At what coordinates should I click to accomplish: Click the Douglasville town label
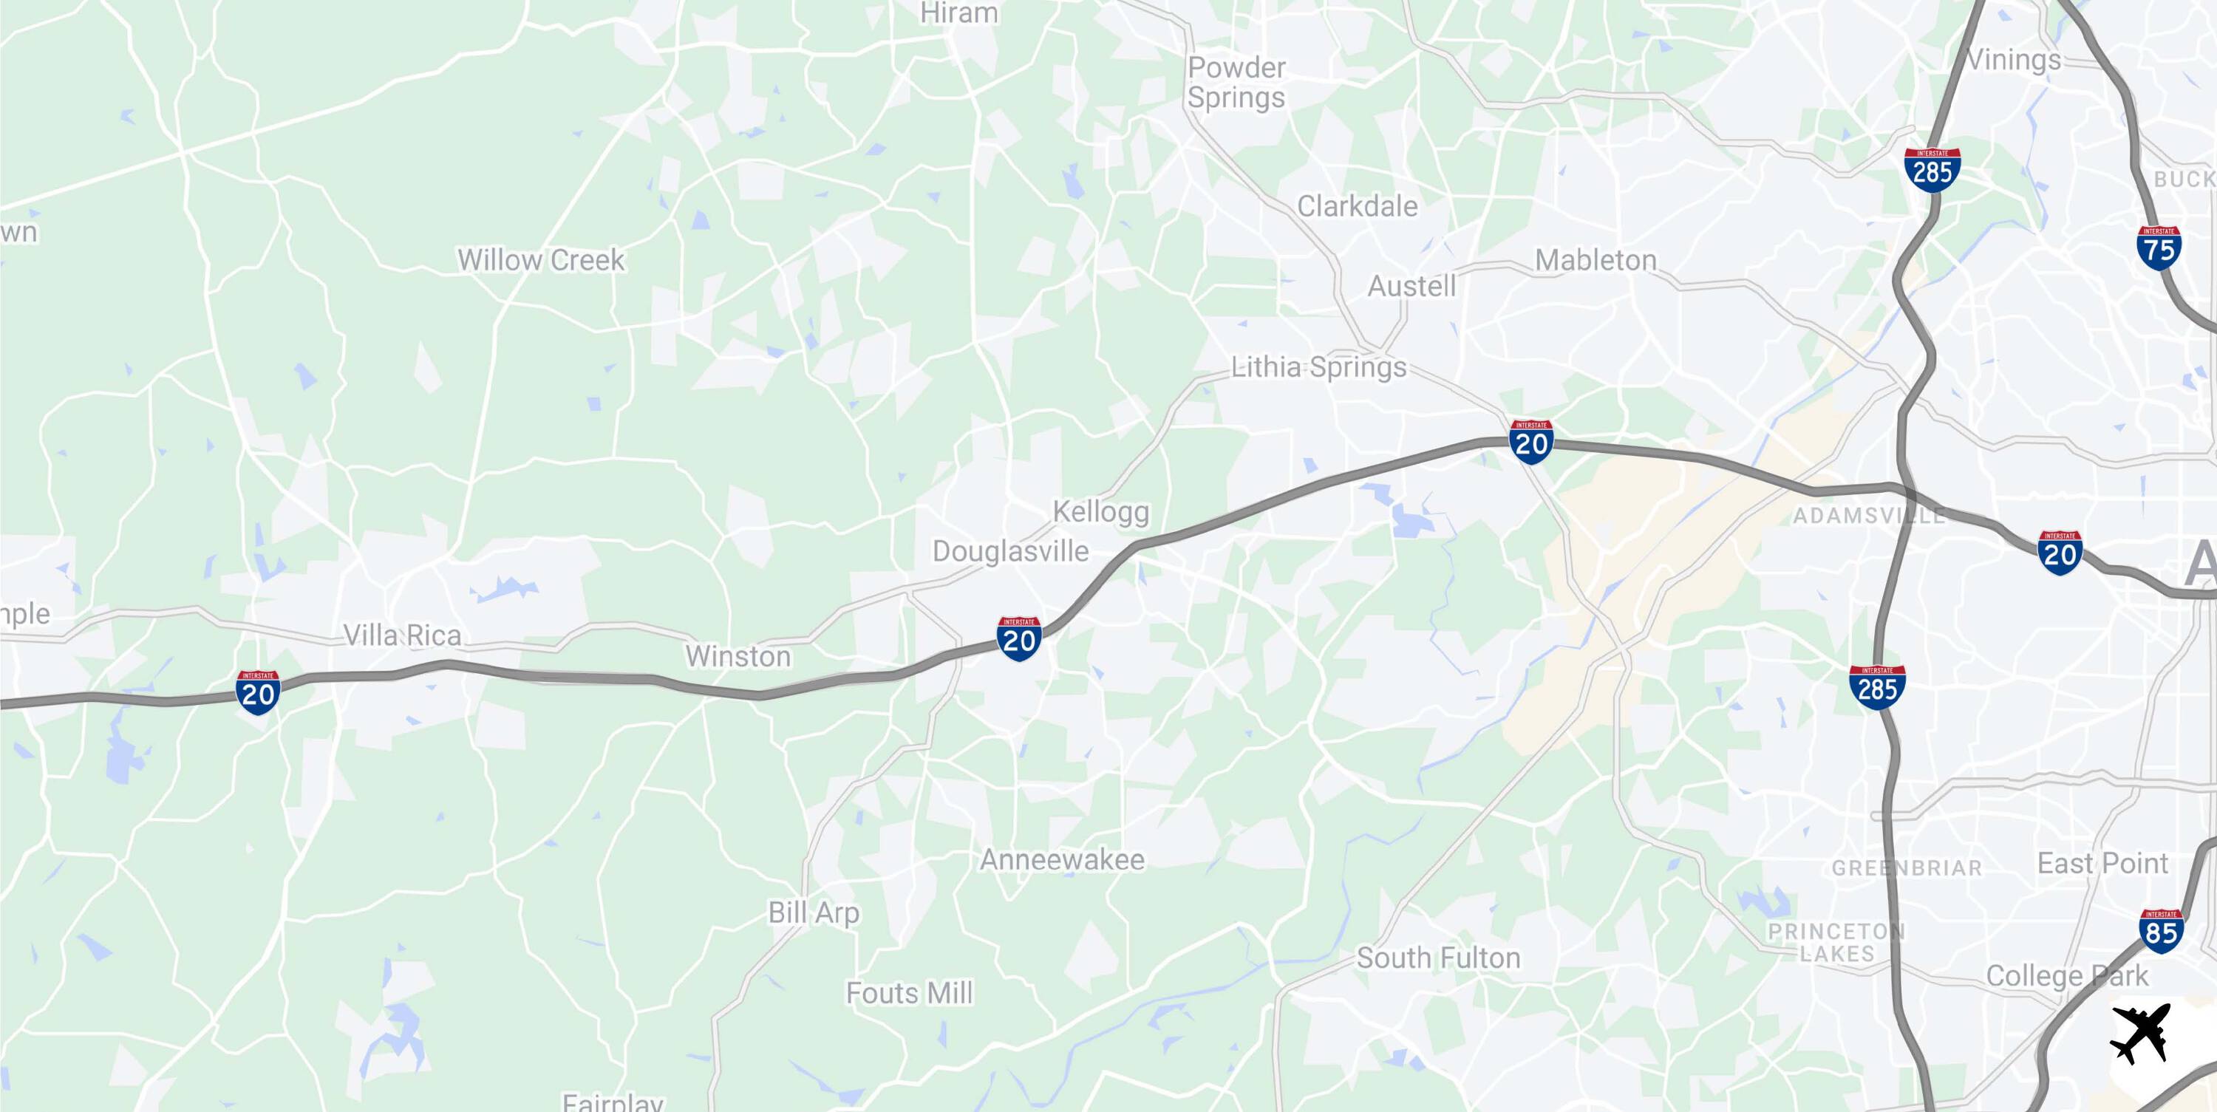pos(1010,551)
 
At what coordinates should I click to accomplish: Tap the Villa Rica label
pos(402,635)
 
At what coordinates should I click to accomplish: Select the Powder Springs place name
pos(1237,83)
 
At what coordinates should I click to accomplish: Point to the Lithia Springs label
pos(1318,367)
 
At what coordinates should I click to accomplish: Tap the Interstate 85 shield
pos(2160,930)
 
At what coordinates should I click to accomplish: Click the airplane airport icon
pos(2140,1034)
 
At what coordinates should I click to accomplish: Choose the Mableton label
pos(1596,260)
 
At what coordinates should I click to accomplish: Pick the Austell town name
pos(1411,286)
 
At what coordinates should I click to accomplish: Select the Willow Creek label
pos(540,260)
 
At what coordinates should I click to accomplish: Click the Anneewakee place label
pos(1062,859)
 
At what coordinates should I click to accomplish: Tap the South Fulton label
pos(1438,957)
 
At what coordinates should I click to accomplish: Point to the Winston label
pos(738,657)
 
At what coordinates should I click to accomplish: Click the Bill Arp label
pos(814,913)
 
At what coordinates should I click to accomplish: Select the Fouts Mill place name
pos(909,993)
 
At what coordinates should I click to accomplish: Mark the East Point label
pos(2102,863)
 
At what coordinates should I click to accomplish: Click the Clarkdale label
pos(1358,207)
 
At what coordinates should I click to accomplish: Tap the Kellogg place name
pos(1101,512)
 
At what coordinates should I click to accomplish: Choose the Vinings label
pos(2014,61)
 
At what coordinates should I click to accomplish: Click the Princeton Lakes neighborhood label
pos(1836,943)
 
